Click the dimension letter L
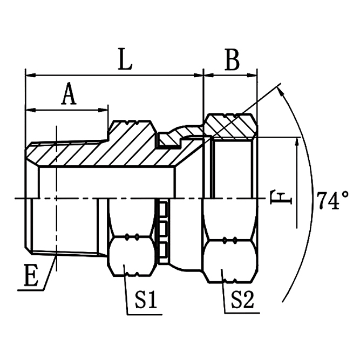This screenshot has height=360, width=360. [x=125, y=59]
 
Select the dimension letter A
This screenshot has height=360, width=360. [x=69, y=94]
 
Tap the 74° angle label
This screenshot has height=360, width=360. [x=332, y=200]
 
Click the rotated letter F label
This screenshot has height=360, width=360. [x=281, y=197]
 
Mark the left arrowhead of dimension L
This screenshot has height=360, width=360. [x=31, y=75]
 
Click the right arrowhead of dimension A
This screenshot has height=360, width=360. [x=103, y=110]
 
